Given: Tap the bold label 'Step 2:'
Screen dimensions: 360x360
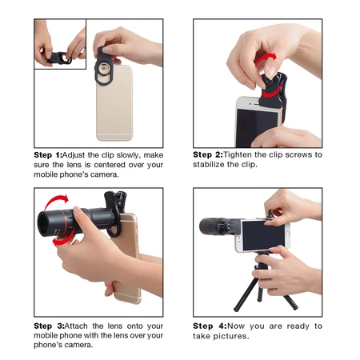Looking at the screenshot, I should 207,154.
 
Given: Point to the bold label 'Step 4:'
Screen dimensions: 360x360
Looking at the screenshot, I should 207,326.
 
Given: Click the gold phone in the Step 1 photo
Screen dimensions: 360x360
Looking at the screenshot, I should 115,104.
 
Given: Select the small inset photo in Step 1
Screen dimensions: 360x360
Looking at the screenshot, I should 60,44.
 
